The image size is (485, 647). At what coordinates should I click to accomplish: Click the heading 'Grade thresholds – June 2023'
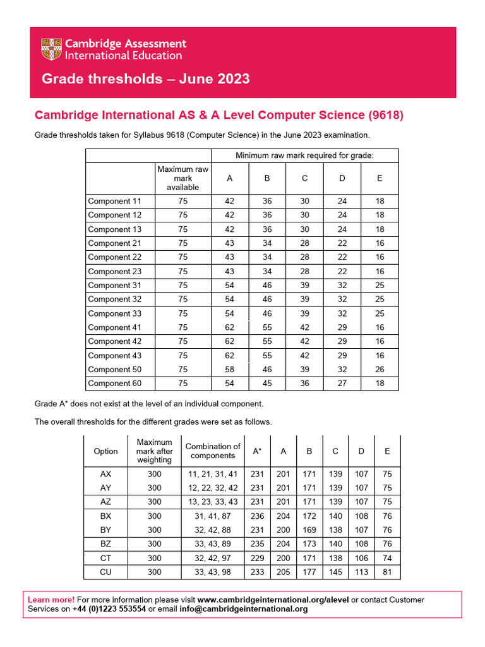(145, 79)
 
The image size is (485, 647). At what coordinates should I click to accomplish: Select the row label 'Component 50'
(114, 369)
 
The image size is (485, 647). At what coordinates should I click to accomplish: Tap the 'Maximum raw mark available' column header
(183, 178)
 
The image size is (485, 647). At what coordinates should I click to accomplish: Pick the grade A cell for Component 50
(229, 369)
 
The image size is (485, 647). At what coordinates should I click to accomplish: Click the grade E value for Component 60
(379, 383)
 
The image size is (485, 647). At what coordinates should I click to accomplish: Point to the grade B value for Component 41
(266, 327)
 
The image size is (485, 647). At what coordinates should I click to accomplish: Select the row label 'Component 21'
(114, 243)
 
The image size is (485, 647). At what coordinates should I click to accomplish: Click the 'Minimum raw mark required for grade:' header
(304, 155)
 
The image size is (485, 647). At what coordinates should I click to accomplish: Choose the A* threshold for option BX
(257, 516)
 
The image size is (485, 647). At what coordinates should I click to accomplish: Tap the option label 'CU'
(105, 572)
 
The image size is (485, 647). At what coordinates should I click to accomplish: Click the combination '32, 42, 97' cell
(212, 558)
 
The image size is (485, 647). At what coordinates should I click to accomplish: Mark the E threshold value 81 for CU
(387, 572)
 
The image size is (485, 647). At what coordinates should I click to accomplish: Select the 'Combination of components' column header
(212, 450)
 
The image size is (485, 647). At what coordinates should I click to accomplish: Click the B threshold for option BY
(309, 529)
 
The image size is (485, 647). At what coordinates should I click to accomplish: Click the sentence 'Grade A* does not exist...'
(148, 403)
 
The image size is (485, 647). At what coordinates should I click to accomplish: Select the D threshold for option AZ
(361, 502)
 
